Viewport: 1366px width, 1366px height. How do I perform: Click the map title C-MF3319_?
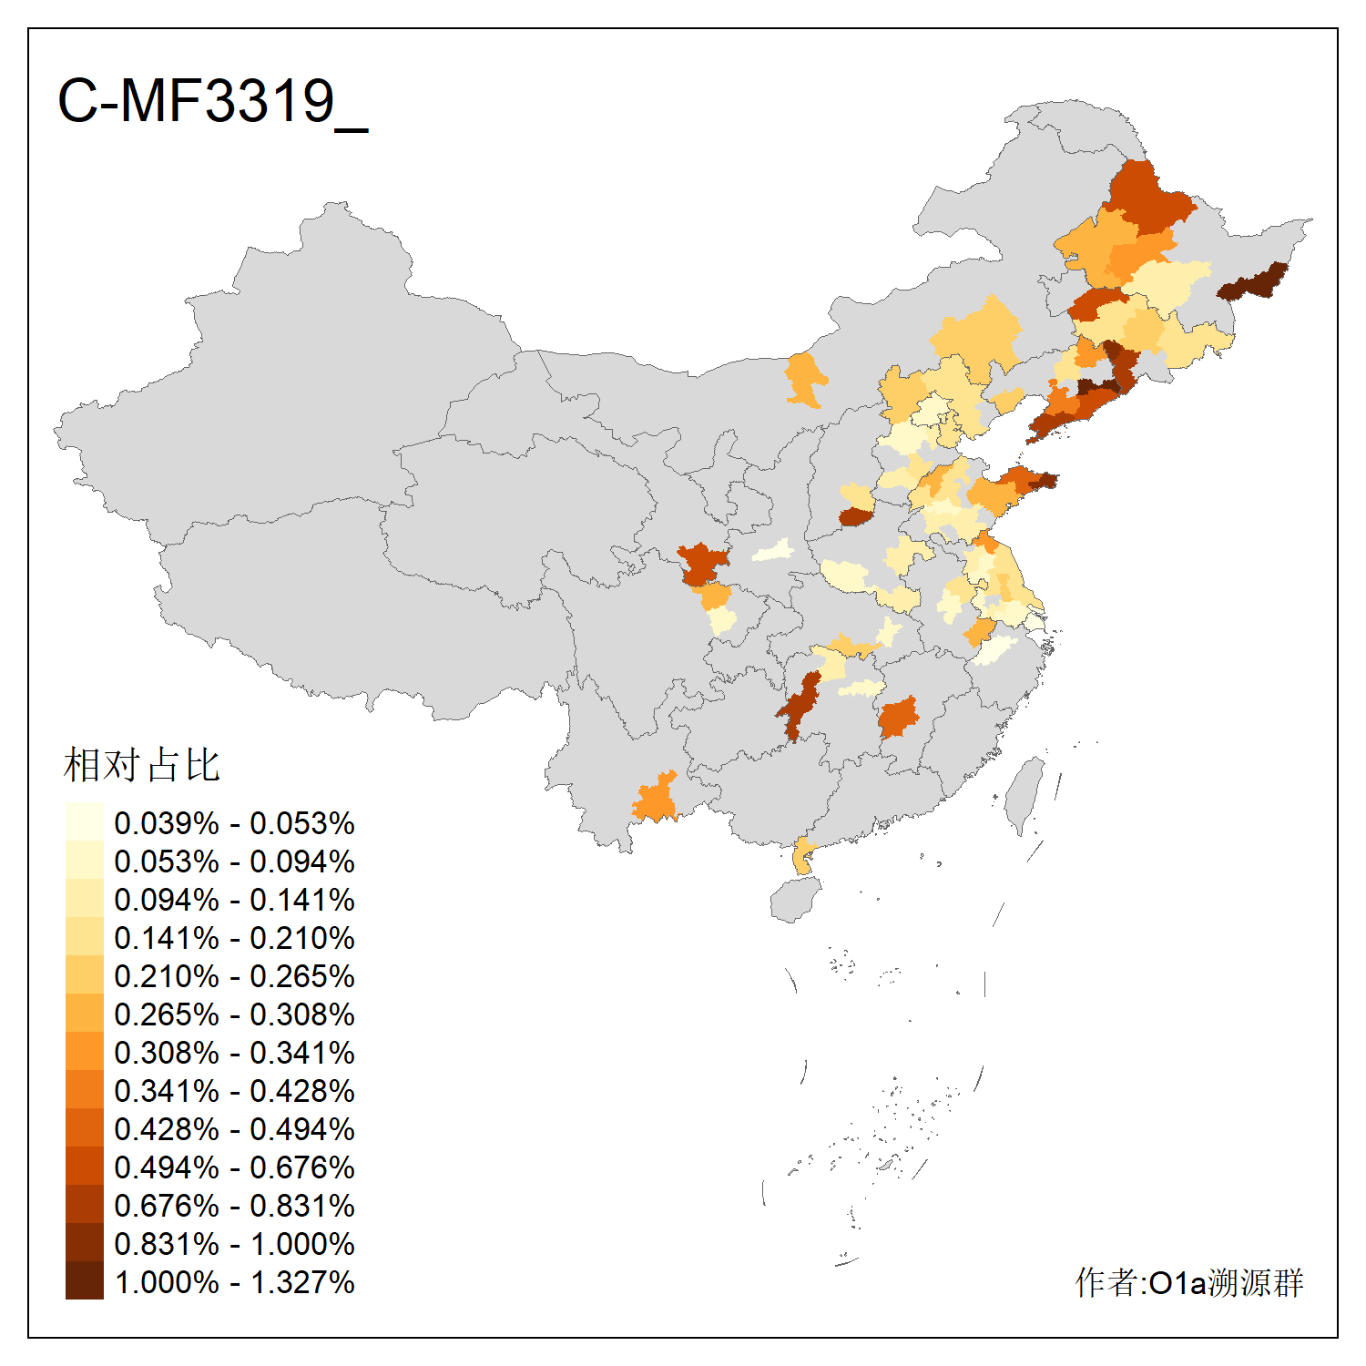[212, 101]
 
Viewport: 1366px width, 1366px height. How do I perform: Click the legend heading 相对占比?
[141, 765]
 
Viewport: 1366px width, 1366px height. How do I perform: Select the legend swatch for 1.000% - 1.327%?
[84, 1281]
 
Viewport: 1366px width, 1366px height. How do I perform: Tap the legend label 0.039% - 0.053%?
[234, 823]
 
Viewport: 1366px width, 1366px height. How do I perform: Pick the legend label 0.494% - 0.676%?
[234, 1167]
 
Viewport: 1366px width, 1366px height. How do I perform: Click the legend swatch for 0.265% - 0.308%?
[84, 1014]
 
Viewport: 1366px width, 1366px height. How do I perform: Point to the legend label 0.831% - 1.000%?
[234, 1244]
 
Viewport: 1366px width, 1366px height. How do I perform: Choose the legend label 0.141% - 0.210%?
[234, 938]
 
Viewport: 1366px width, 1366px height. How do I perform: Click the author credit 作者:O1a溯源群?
[1188, 1282]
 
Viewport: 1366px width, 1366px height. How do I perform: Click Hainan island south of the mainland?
[795, 899]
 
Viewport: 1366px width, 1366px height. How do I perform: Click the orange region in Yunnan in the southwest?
[656, 800]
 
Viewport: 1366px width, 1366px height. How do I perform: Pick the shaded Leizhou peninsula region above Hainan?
[802, 856]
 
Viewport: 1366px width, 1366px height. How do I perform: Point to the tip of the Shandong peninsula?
[1045, 480]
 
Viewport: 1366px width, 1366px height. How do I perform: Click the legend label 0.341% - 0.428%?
[234, 1091]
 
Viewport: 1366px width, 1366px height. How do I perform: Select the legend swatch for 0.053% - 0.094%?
[84, 861]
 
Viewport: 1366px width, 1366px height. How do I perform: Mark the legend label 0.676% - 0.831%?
[234, 1206]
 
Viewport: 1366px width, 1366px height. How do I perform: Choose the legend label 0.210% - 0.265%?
[234, 976]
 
